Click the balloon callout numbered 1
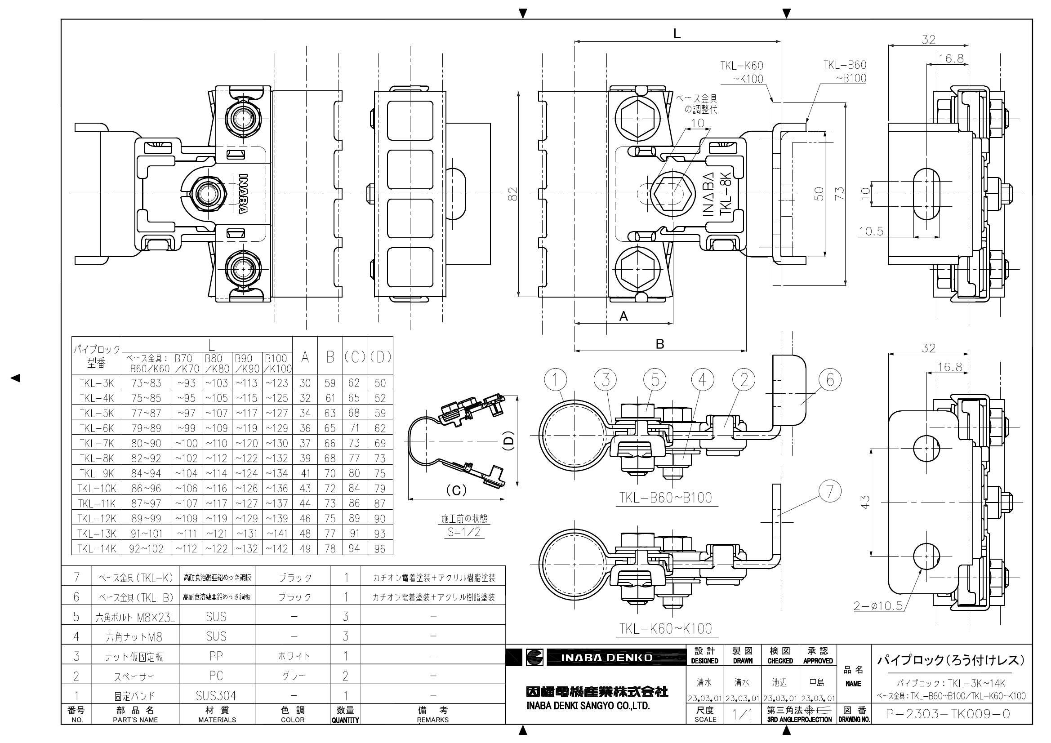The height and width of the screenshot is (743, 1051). tap(556, 379)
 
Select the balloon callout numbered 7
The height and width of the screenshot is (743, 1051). tap(830, 491)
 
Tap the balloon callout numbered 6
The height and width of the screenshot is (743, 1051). tap(830, 379)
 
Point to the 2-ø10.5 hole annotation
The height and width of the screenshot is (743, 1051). tap(878, 606)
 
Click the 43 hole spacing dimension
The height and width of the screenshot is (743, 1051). tap(865, 502)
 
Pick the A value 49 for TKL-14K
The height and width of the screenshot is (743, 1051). tap(305, 548)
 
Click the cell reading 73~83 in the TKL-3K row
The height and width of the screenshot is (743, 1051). tap(146, 383)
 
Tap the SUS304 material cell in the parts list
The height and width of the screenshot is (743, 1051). tap(216, 696)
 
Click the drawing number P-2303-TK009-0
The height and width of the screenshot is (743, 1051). tap(948, 714)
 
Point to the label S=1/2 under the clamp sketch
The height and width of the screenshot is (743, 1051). tap(463, 532)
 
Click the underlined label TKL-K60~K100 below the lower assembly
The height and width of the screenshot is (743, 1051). tap(666, 628)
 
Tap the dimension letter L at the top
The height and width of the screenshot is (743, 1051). tap(677, 33)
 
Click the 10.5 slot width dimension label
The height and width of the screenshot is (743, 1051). tap(871, 231)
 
